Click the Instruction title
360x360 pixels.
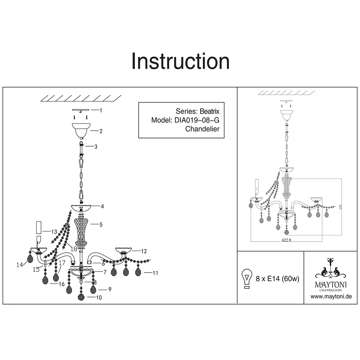click(x=180, y=61)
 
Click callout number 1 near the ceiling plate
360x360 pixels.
click(x=101, y=111)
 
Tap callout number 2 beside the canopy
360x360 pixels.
click(x=101, y=132)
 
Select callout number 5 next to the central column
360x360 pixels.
click(x=101, y=225)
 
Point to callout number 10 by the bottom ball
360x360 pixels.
click(x=99, y=298)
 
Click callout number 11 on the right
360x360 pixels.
click(x=155, y=273)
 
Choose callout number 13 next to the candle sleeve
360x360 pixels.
click(x=54, y=231)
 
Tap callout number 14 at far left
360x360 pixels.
click(x=19, y=265)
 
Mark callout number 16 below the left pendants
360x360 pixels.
click(x=62, y=284)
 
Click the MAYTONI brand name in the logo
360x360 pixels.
click(x=331, y=284)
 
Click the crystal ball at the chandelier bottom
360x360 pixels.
click(x=82, y=298)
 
